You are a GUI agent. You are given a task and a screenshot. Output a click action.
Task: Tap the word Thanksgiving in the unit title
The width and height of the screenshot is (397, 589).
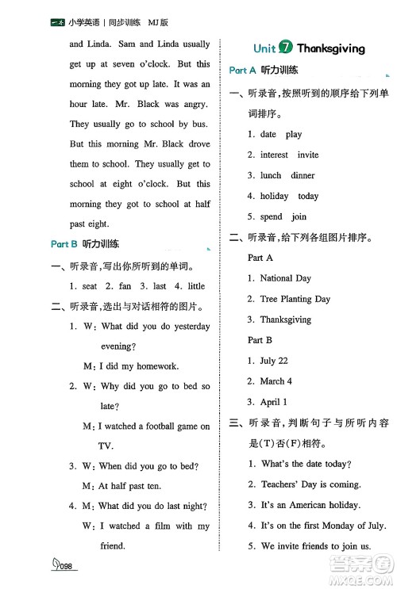(x=331, y=48)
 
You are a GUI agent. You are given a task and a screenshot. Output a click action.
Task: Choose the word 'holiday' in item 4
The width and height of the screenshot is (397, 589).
(x=274, y=196)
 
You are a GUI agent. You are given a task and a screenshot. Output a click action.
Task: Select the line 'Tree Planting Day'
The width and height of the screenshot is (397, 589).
(x=295, y=299)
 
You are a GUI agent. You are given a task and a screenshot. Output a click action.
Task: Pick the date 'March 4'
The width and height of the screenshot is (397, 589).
(x=276, y=381)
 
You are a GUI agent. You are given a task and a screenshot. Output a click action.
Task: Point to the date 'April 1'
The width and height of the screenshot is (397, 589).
(x=274, y=402)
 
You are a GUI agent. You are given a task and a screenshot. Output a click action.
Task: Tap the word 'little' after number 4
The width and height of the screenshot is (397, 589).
(x=195, y=285)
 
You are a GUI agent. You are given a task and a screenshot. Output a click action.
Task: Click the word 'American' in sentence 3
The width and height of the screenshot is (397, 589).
(x=310, y=505)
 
